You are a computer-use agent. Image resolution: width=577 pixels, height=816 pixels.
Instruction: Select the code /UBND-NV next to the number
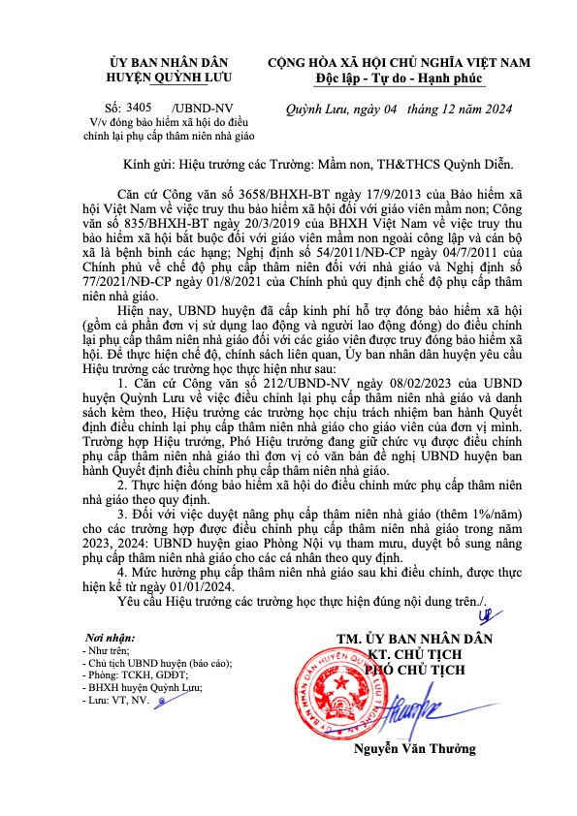coord(201,109)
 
